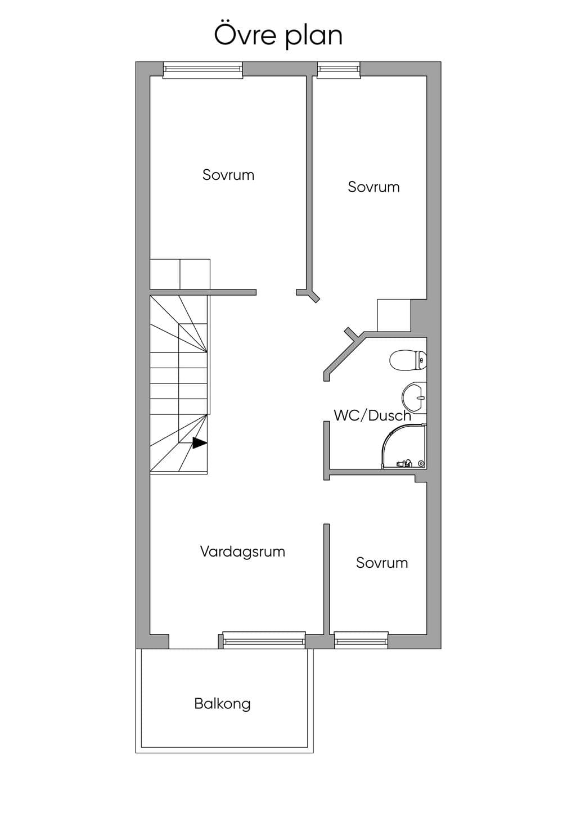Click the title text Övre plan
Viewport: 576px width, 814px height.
[x=278, y=35]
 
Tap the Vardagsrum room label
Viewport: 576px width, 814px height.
[x=242, y=551]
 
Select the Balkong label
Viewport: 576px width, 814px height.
[x=223, y=703]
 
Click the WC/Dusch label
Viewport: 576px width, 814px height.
[x=372, y=415]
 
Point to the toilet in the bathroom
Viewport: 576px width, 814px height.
[x=408, y=360]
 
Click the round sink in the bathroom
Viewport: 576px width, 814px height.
[x=414, y=397]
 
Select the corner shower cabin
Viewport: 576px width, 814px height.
[x=404, y=446]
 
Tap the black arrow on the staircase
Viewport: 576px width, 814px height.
[x=200, y=443]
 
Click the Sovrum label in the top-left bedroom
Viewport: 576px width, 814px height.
[x=228, y=175]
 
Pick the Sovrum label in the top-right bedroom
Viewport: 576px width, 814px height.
[x=373, y=187]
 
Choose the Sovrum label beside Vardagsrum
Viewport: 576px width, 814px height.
[x=382, y=563]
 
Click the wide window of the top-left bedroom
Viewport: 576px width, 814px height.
[x=202, y=70]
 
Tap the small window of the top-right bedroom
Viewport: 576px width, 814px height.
[x=339, y=70]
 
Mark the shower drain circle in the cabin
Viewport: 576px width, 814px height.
[x=421, y=463]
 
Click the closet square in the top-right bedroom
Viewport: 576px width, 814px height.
[x=394, y=315]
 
